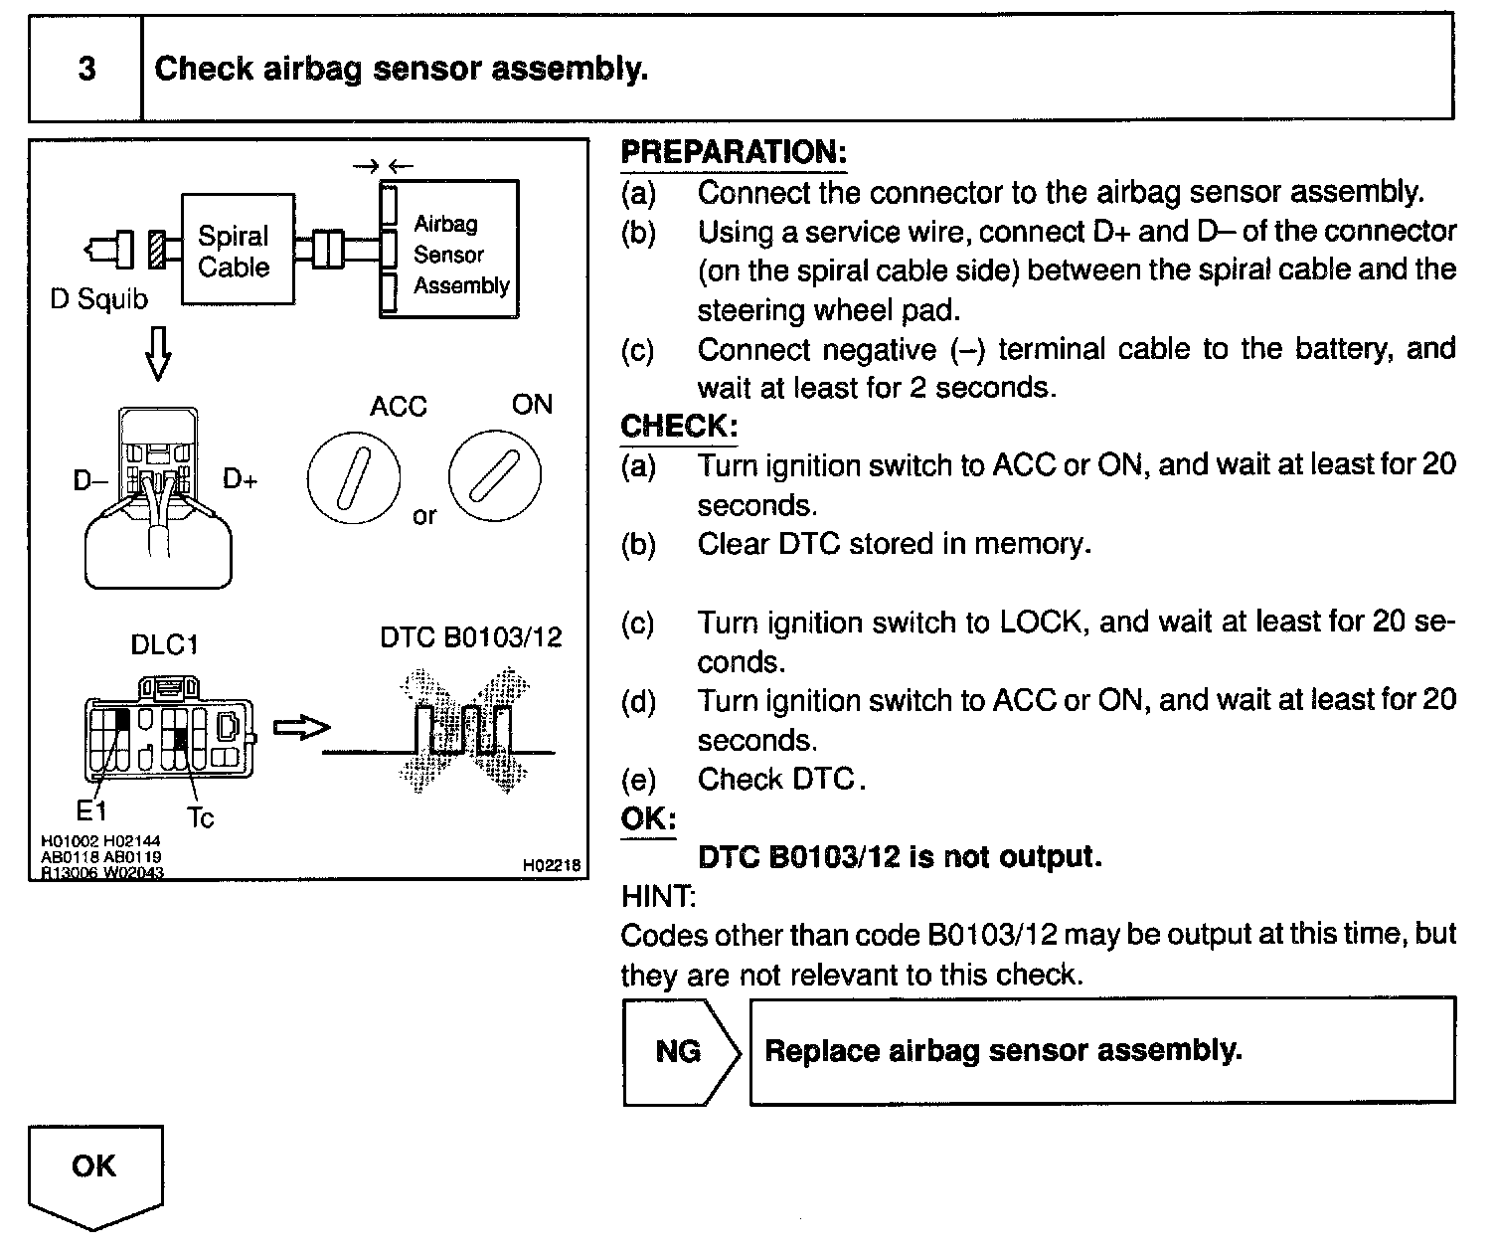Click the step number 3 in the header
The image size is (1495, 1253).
[x=86, y=69]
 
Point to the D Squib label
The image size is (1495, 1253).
[x=98, y=299]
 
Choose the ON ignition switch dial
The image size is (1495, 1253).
[x=494, y=475]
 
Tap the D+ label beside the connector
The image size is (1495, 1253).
[x=240, y=479]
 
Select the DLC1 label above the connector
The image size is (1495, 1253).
[x=165, y=645]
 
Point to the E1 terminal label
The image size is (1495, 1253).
[x=90, y=811]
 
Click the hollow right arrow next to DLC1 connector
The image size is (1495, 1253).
[x=301, y=728]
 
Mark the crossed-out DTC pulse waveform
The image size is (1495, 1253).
[x=463, y=732]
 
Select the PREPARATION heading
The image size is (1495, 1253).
[x=734, y=152]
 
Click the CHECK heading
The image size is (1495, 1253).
[x=679, y=427]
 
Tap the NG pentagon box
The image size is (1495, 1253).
[x=679, y=1051]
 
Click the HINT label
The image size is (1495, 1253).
[x=658, y=897]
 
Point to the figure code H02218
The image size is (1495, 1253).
[x=551, y=866]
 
